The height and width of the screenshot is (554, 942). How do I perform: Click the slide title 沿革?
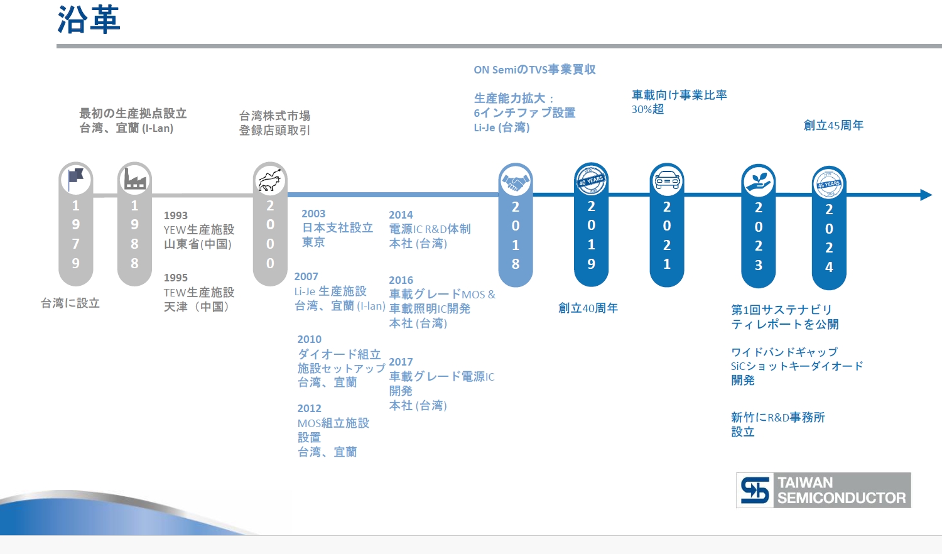point(89,19)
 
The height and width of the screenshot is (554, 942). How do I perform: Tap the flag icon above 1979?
point(76,180)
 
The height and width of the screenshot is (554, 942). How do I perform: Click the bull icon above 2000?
point(269,180)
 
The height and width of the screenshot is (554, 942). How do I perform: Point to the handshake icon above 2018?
point(516,182)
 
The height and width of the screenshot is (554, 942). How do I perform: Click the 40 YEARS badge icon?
point(591,181)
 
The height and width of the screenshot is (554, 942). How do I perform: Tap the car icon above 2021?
point(666,182)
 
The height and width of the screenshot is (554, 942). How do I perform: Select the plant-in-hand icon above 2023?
point(758,182)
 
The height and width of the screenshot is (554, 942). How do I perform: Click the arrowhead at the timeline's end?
point(926,195)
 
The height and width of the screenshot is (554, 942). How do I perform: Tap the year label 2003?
point(313,214)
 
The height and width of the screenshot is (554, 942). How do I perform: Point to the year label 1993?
point(175,215)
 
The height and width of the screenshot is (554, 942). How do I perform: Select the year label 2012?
point(309,408)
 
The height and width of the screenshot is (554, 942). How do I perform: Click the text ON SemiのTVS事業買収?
point(534,70)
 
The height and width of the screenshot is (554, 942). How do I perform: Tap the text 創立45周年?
point(833,126)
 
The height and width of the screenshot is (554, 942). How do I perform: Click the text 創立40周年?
point(587,308)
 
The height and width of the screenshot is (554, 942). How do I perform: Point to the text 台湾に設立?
point(70,303)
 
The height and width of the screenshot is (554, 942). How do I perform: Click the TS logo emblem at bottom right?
point(755,490)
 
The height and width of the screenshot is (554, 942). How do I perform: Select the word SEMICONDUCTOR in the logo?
point(841,498)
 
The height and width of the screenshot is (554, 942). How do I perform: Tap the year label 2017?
point(401,362)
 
